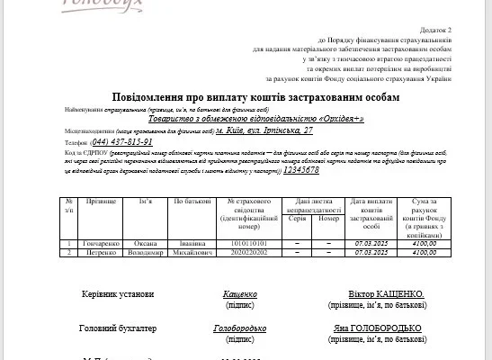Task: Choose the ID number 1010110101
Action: [x=250, y=243]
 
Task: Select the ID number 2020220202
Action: [x=250, y=253]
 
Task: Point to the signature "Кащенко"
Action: [x=239, y=294]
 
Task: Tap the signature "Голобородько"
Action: [x=239, y=329]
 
